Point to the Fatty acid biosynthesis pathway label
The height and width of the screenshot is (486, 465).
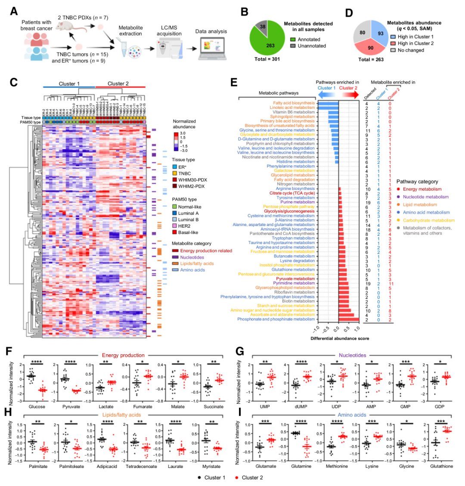291,103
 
